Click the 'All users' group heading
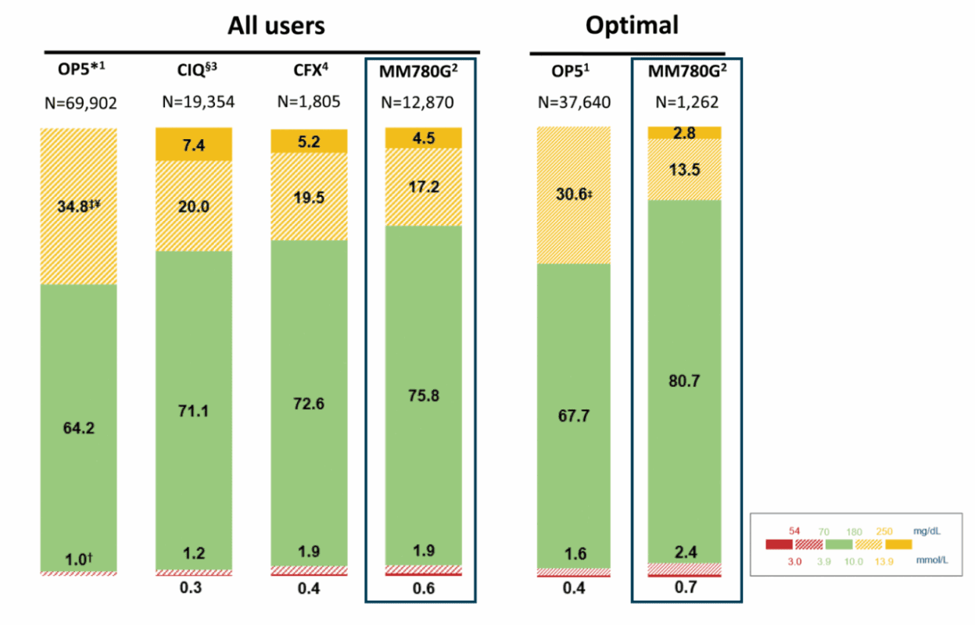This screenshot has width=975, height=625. coord(276,26)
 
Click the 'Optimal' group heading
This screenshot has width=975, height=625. coord(632,26)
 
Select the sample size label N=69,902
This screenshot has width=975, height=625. coord(79,102)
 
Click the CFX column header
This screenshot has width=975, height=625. coord(309,70)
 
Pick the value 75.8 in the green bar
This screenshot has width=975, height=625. coord(424,395)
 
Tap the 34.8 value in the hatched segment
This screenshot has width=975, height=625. coord(78,206)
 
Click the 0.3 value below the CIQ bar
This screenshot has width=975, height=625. coord(192,587)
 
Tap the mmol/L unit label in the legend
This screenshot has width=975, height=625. coord(933,559)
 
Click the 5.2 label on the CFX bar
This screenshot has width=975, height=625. coord(309,141)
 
